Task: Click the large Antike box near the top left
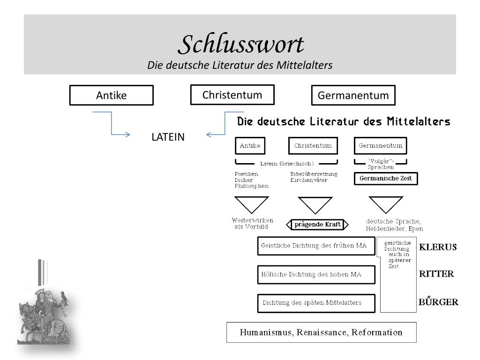tap(112, 95)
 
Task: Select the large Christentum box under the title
tap(232, 95)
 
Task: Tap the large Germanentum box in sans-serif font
tap(353, 95)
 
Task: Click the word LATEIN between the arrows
tap(168, 137)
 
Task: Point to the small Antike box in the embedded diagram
tap(250, 146)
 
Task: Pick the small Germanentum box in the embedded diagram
tap(380, 146)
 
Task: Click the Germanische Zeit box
tap(385, 179)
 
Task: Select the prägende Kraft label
tap(317, 225)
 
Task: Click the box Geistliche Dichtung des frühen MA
tap(317, 246)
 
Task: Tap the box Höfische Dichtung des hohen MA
tap(317, 274)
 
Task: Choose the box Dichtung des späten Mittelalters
tap(317, 303)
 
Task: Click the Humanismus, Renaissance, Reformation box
tap(321, 333)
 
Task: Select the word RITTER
tap(436, 274)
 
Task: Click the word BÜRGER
tap(438, 302)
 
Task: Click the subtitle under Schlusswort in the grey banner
tap(240, 65)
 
